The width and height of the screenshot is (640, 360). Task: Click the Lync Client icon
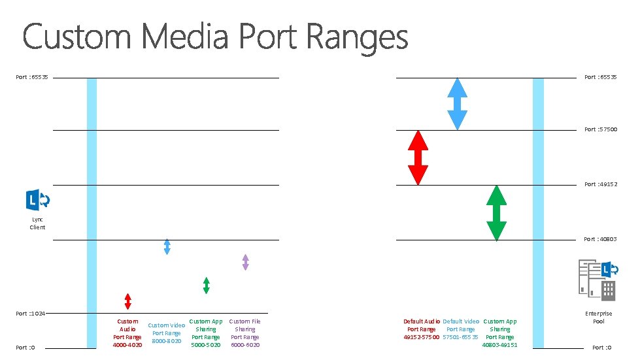pyautogui.click(x=37, y=200)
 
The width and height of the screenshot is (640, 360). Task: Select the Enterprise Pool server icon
pyautogui.click(x=597, y=280)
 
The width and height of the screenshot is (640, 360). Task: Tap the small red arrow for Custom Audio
pyautogui.click(x=128, y=301)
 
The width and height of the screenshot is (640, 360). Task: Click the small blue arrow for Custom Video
pyautogui.click(x=167, y=246)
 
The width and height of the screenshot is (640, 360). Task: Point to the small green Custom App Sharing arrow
pyautogui.click(x=206, y=285)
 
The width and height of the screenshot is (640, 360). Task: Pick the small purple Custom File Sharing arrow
pyautogui.click(x=245, y=262)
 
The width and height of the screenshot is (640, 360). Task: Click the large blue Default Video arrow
pyautogui.click(x=457, y=104)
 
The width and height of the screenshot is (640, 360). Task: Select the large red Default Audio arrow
pyautogui.click(x=418, y=157)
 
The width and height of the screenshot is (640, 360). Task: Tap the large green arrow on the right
pyautogui.click(x=497, y=212)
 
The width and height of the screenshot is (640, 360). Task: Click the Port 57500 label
pyautogui.click(x=600, y=129)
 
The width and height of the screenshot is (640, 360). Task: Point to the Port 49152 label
pyautogui.click(x=600, y=184)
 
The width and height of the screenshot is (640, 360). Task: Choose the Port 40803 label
pyautogui.click(x=600, y=239)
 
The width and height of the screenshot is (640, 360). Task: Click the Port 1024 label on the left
pyautogui.click(x=31, y=314)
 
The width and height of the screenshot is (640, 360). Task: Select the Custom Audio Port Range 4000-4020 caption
pyautogui.click(x=127, y=333)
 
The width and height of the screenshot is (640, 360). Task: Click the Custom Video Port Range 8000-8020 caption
pyautogui.click(x=167, y=333)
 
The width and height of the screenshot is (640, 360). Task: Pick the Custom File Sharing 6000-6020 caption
pyautogui.click(x=245, y=333)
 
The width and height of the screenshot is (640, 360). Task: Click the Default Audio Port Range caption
pyautogui.click(x=422, y=329)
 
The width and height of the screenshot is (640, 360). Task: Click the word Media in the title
pyautogui.click(x=187, y=37)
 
